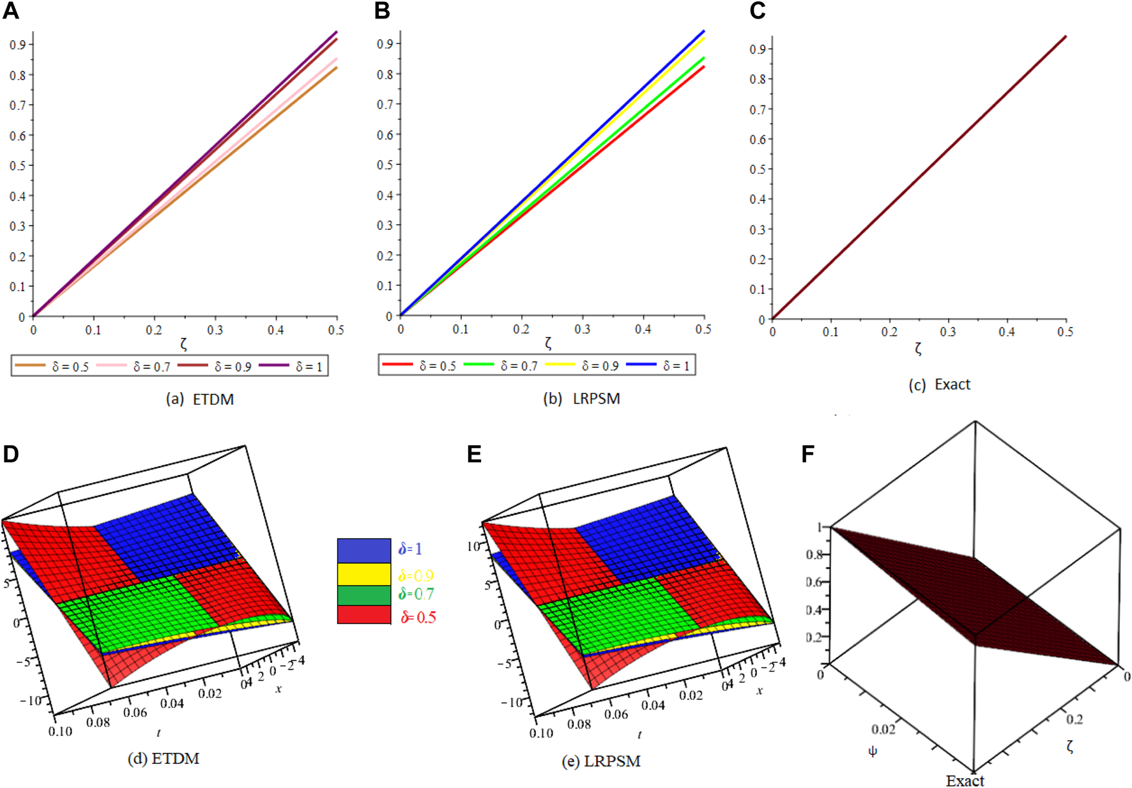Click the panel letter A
click(10, 11)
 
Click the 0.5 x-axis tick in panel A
click(336, 330)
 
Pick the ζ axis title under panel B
click(548, 344)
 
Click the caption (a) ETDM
click(200, 400)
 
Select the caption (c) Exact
click(939, 384)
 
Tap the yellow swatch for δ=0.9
click(363, 574)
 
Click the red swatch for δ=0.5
click(363, 615)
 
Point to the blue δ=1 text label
click(410, 549)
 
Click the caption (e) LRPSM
click(600, 761)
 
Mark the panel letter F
click(807, 455)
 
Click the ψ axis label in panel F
click(873, 752)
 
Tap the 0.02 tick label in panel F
click(883, 729)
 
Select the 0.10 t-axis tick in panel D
click(60, 731)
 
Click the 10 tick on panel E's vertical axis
click(473, 547)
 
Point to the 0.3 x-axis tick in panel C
click(947, 332)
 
